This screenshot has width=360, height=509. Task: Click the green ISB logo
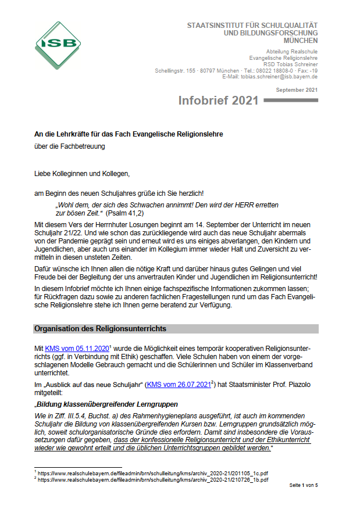coord(58,45)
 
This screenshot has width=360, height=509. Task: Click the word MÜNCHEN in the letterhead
coord(301,41)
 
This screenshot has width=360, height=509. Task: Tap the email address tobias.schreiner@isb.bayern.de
coord(280,77)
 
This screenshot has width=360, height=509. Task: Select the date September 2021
coord(297,89)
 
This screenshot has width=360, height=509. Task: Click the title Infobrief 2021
coord(218,101)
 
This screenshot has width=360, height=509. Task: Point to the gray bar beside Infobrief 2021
coord(291,101)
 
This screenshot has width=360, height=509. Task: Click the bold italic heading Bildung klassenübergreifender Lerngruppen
coord(107,404)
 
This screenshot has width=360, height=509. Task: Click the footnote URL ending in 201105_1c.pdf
coord(154,474)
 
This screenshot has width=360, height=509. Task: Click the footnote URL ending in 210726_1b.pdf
coord(154,480)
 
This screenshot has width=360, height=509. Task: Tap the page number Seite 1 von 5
coord(304,485)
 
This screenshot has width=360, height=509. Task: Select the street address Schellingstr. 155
coord(173,71)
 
